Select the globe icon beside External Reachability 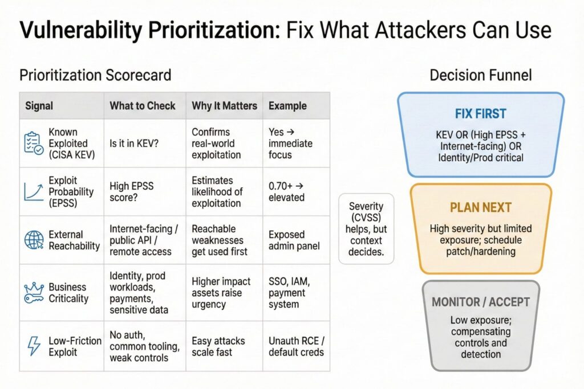point(34,240)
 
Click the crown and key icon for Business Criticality point(34,292)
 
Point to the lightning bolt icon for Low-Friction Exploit point(34,346)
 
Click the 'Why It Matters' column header point(224,106)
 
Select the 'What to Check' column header point(143,106)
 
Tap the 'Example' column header point(287,106)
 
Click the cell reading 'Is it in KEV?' point(134,143)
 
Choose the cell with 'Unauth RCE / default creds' point(296,346)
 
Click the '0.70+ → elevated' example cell point(286,191)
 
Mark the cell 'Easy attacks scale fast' point(218,346)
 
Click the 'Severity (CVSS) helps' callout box point(366,228)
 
